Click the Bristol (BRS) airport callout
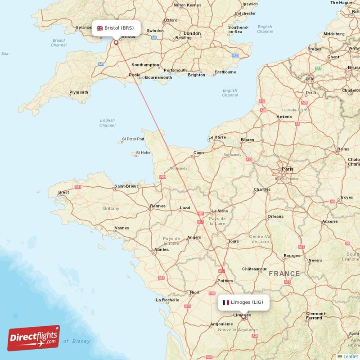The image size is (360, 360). pos(116,28)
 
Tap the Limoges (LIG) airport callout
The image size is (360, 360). pos(243,302)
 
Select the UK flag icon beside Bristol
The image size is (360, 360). pos(99,28)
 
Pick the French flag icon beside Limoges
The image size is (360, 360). pos(226,302)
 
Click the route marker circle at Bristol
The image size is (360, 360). pos(116,43)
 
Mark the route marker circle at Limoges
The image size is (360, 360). pos(243,317)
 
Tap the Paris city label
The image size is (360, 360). pos(288,169)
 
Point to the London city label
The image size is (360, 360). pos(192,33)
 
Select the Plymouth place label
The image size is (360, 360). pos(79,92)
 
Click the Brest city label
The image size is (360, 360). pos(64,192)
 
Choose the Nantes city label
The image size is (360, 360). pos(161,249)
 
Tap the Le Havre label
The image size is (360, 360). pos(217,137)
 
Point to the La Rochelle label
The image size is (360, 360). pos(167,299)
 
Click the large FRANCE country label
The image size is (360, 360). pos(284,274)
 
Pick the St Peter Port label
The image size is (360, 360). pos(133,139)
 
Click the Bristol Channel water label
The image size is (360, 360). pos(59,43)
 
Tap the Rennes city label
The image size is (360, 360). pos(157,206)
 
